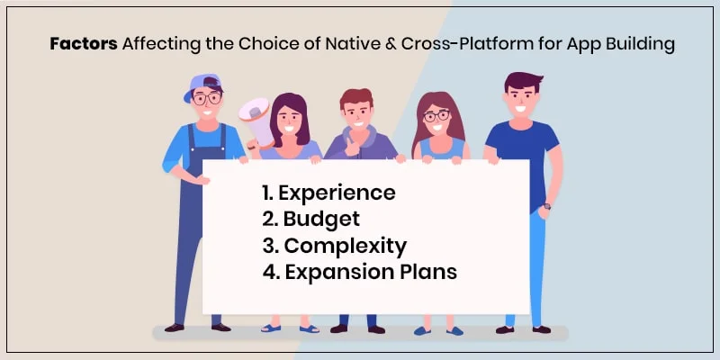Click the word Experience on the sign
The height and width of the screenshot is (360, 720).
tap(337, 193)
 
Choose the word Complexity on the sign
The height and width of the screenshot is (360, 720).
tap(345, 246)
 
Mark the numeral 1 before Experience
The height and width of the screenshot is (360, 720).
tap(265, 193)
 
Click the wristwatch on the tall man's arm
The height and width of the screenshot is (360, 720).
tap(547, 206)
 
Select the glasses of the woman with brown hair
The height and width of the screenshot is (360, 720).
tap(436, 116)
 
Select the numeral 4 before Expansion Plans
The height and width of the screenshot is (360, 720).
tap(267, 272)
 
